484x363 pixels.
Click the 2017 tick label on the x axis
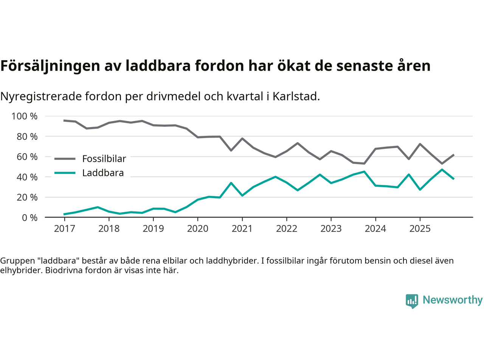pos(64,229)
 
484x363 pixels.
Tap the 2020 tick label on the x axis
pos(198,229)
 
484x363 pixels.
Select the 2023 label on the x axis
pos(331,229)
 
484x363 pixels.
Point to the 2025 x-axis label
pos(420,229)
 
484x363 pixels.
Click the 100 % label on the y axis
pos(25,116)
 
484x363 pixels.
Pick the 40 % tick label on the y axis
pos(27,177)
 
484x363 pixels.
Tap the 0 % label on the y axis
pos(30,217)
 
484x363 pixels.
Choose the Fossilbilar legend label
pos(104,159)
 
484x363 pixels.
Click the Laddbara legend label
pos(103,173)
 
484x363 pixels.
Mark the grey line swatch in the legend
pos(65,159)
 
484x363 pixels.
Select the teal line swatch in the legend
pos(65,173)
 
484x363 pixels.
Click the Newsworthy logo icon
pos(412,301)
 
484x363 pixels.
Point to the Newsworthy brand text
pos(452,300)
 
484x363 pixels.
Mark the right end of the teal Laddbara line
pos(453,178)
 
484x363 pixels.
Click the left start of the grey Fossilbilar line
pos(64,121)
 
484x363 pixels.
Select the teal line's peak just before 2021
pos(231,183)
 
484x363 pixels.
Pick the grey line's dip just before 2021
pos(231,150)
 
